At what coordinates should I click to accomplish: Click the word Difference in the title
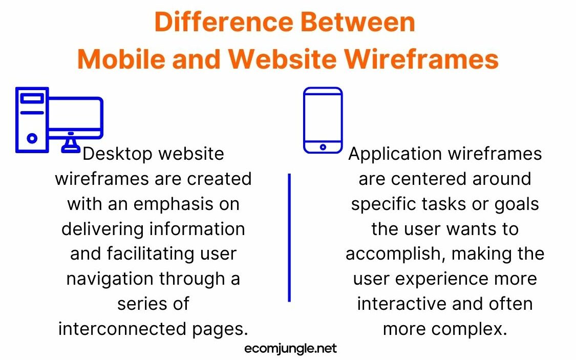point(224,22)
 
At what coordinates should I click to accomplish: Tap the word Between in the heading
point(358,22)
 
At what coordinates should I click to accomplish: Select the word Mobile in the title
point(121,59)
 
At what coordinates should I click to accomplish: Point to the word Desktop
point(118,154)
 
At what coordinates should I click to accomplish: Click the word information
point(197,229)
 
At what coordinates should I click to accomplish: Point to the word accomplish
point(395,254)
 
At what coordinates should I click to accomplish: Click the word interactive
point(401,304)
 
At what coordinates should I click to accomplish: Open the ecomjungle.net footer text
point(291,348)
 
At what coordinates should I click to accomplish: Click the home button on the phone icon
point(323,147)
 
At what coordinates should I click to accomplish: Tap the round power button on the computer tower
point(32,138)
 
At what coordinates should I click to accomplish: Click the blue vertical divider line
point(289,238)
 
